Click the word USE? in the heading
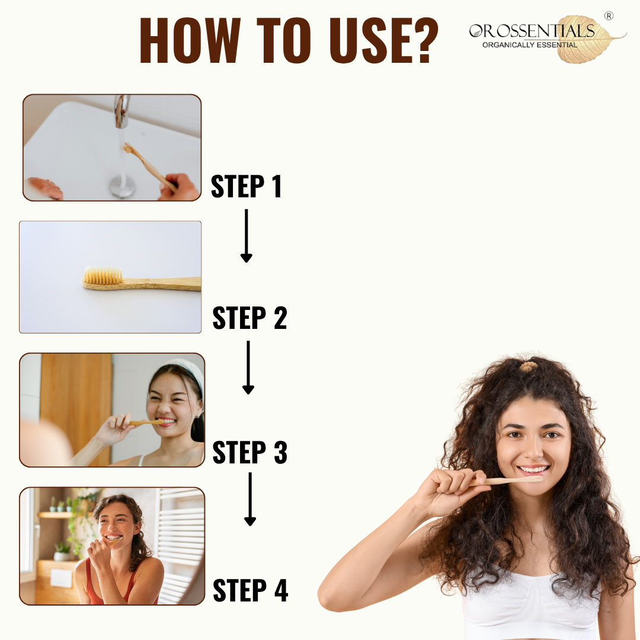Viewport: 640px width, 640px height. [383, 40]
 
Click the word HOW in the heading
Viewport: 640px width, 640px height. [190, 40]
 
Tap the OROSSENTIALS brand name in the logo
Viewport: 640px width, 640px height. [532, 31]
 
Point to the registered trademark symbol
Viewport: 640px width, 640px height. [609, 16]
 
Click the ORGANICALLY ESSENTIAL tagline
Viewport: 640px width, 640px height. [530, 45]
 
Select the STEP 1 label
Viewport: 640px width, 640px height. [246, 187]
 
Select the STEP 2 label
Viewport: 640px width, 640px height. [250, 318]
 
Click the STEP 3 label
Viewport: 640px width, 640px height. [250, 452]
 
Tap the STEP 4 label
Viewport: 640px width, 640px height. [250, 590]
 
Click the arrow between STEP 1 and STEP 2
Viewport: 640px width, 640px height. [246, 236]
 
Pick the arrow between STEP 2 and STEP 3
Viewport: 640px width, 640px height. [248, 367]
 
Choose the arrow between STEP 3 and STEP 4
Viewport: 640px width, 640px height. [250, 499]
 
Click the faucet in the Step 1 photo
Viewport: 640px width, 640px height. [121, 111]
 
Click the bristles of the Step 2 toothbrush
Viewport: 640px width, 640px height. [103, 275]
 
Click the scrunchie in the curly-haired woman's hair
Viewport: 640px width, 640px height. [528, 366]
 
